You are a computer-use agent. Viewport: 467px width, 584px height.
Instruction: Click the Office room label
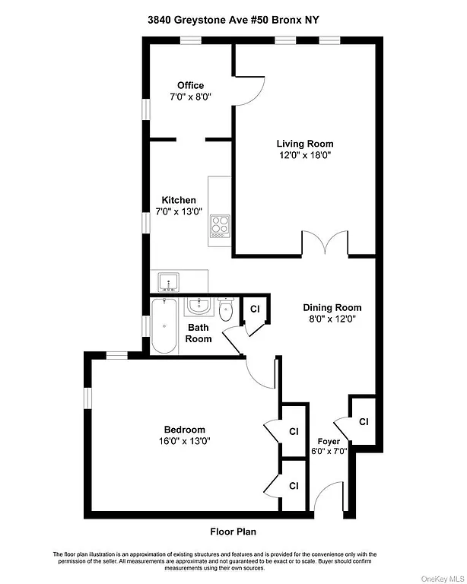coord(190,85)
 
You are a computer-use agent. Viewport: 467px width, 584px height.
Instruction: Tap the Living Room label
coord(305,143)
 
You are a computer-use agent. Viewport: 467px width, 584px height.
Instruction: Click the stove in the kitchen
coord(220,226)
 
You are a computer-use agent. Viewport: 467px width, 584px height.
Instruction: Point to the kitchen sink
coord(169,282)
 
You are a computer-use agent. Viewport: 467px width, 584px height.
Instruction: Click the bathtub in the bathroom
coord(164,326)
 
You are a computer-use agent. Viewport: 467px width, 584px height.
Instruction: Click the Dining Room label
coord(332,308)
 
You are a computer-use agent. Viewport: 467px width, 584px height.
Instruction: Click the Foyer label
coord(329,441)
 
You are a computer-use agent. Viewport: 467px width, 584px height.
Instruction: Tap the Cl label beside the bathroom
coord(256,309)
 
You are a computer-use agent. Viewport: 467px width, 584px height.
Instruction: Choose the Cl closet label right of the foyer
coord(364,421)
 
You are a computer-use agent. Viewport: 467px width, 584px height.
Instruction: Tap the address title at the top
coord(233,22)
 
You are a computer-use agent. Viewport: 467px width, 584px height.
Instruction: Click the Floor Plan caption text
coord(233,532)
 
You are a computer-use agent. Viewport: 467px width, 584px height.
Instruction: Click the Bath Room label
coord(199,333)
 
